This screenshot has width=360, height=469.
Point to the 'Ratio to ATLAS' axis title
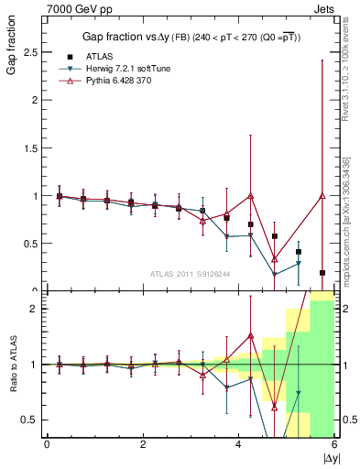coord(12,366)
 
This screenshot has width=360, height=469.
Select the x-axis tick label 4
coord(238,445)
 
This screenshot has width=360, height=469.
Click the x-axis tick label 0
coord(47,445)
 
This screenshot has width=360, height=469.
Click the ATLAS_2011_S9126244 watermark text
coord(190,272)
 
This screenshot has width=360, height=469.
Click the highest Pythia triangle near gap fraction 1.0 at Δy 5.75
coord(322,195)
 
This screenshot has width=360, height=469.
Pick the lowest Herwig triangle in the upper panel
coord(274,274)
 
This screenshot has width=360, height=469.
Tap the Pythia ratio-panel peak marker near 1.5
coord(250,336)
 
